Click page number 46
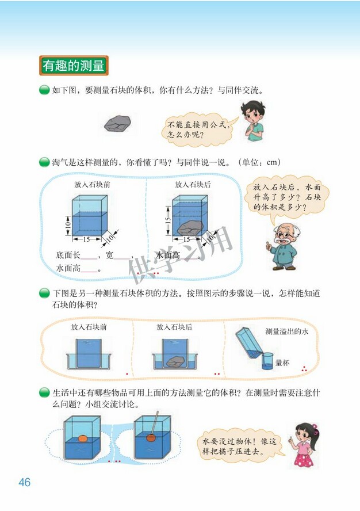(24, 482)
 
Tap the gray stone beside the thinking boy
(118, 123)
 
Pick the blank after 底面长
(90, 256)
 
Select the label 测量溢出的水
(287, 331)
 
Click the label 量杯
(282, 363)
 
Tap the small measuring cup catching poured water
(267, 362)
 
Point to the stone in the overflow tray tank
(175, 361)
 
